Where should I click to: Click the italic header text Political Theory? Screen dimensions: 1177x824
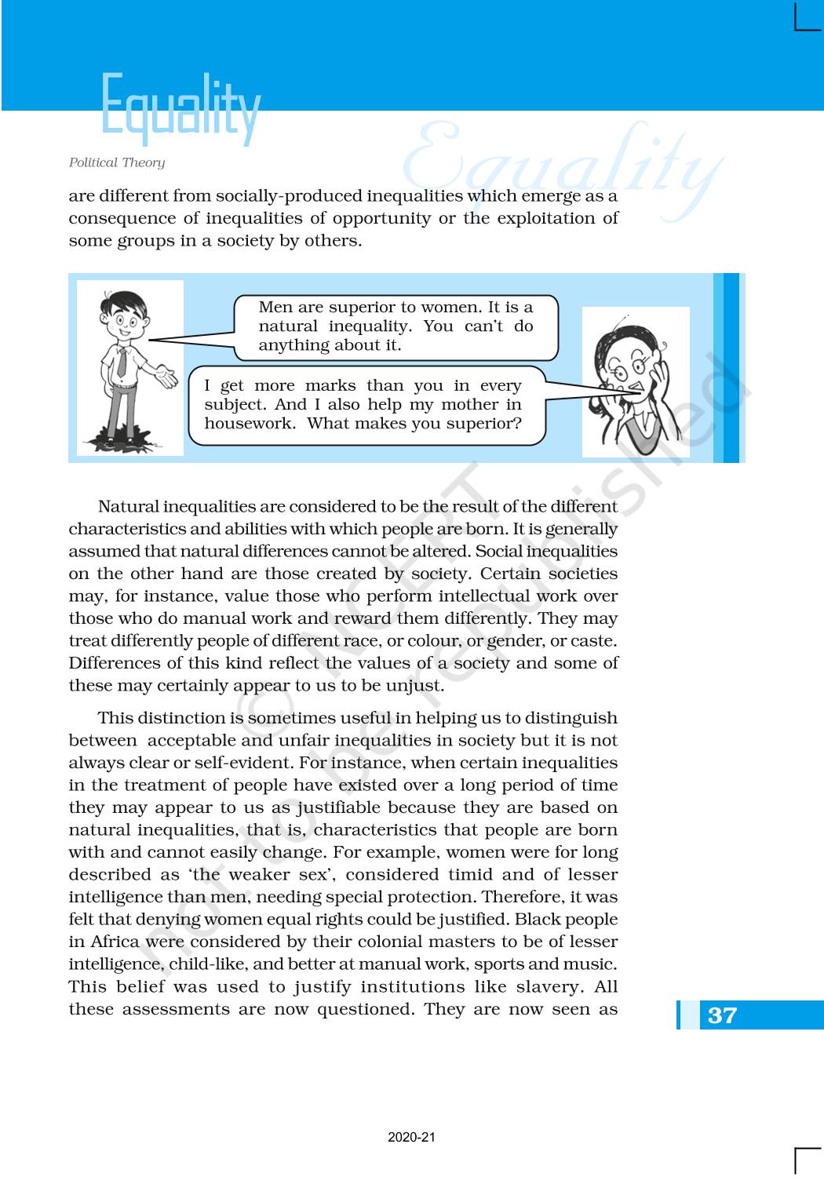click(117, 162)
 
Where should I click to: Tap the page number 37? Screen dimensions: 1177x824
click(722, 1015)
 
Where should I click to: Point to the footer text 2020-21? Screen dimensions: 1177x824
click(411, 1137)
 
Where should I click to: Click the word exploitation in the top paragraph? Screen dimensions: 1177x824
click(540, 218)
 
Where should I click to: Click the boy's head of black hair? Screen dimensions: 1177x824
click(124, 301)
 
